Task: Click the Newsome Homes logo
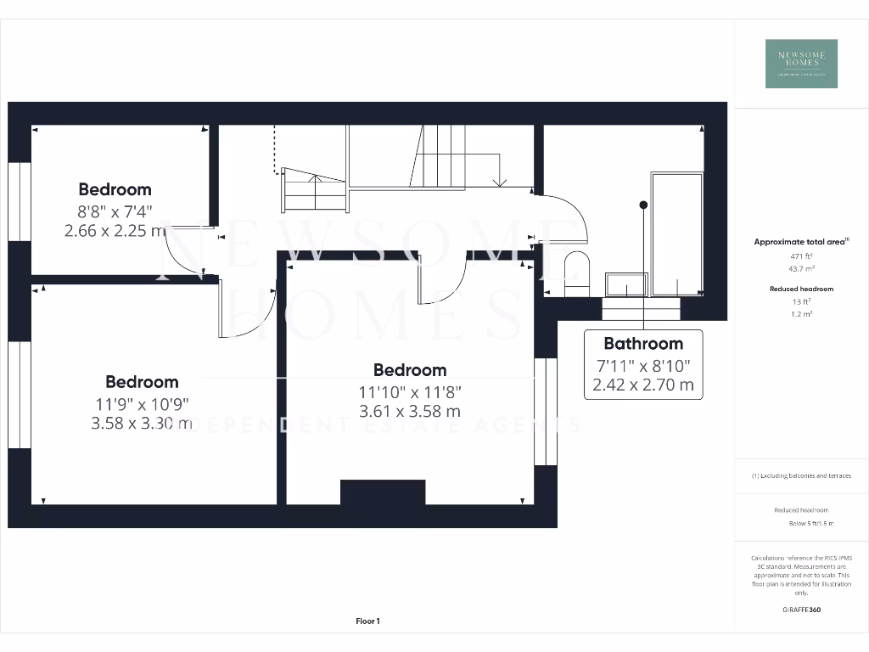tap(801, 64)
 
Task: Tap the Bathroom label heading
tap(643, 344)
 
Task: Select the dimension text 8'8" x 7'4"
tap(115, 211)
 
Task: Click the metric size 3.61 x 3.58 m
tap(411, 411)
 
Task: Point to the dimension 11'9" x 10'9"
tap(142, 404)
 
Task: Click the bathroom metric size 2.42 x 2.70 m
tap(643, 385)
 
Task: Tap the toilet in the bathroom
tap(576, 272)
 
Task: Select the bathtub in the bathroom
tap(676, 234)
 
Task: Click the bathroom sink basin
tap(626, 284)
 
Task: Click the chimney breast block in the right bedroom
tap(383, 492)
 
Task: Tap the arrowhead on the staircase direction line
tap(500, 181)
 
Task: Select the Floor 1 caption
tap(367, 621)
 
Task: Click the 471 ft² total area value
tap(802, 255)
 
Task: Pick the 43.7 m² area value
tap(802, 267)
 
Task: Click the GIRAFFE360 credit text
tap(801, 610)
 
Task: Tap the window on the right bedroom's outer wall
tap(546, 412)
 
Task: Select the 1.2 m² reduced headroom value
tap(802, 314)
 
